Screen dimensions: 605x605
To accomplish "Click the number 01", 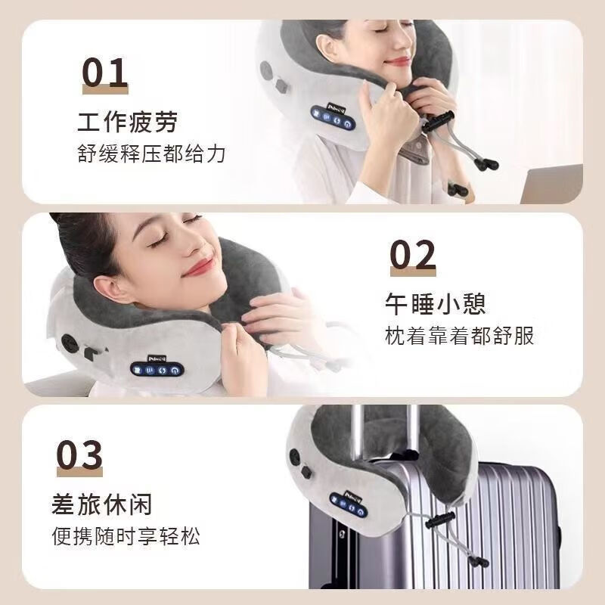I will (105, 73).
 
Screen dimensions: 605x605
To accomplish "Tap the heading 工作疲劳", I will (127, 121).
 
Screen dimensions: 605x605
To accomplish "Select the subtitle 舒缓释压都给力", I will (151, 154).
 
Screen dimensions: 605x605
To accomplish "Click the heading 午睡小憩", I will (434, 303).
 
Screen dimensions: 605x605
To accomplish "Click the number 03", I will (79, 455).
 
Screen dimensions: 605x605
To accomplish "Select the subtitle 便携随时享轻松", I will (126, 537).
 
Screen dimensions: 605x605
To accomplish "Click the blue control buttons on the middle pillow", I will (157, 370).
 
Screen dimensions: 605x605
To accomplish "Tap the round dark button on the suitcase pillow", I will (307, 471).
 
